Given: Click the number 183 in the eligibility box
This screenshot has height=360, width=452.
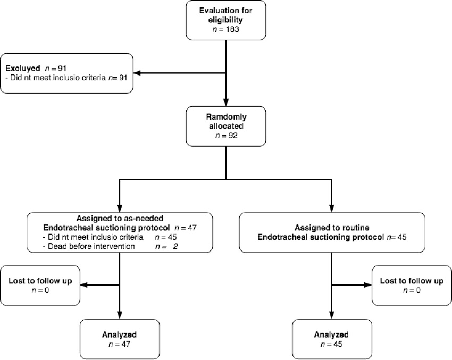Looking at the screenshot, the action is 232,29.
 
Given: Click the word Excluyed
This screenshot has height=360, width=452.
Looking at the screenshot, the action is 23,69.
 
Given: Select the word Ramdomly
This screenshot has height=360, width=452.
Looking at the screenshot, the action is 227,117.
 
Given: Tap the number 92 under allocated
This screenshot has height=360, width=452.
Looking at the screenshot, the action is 233,136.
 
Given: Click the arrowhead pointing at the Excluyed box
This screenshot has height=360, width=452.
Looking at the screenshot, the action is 137,73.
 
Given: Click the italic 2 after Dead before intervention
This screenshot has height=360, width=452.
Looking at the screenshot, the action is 175,246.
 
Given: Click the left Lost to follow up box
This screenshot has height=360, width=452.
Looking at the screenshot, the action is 40,286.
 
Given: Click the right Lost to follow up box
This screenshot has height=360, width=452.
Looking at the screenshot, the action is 412,286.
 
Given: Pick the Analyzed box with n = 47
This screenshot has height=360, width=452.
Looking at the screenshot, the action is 120,339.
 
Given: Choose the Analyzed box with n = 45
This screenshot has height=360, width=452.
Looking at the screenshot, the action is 332,339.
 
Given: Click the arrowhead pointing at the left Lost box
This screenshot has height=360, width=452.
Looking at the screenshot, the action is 84,285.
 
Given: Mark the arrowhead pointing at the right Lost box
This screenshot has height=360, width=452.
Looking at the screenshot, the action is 368,285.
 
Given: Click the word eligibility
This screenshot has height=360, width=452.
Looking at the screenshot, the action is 225,20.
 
